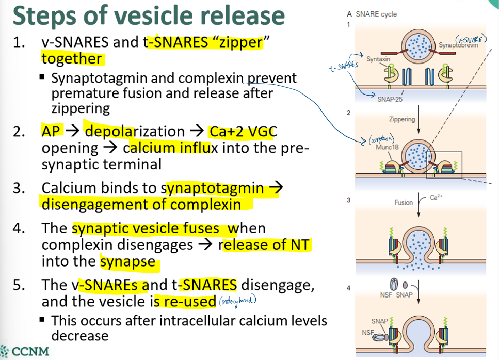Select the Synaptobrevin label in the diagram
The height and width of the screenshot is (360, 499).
point(459,45)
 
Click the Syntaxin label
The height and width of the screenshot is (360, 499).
point(378,59)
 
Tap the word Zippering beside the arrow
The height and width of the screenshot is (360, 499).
point(402,119)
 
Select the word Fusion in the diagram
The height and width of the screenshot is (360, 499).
point(404,202)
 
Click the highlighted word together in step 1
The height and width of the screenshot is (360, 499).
point(72,58)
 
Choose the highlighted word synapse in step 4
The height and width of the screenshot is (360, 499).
point(127,261)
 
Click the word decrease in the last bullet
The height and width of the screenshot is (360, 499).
point(80,336)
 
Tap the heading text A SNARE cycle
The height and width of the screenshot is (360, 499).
point(372,14)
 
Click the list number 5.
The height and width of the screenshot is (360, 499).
point(19,285)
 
